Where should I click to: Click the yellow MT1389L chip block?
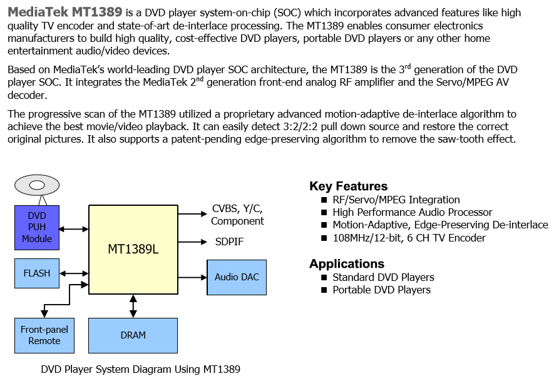[133, 250]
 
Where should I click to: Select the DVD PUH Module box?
[37, 227]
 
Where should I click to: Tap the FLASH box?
[37, 273]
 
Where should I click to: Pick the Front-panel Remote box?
[44, 335]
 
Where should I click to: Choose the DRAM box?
[133, 335]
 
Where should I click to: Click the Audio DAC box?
[237, 277]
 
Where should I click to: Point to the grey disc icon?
[37, 185]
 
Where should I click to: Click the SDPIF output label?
[229, 241]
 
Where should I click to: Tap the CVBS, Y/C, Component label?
[237, 215]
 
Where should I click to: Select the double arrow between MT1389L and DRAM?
[133, 306]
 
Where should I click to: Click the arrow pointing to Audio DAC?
[193, 277]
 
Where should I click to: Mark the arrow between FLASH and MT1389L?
[74, 273]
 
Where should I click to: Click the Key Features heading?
[348, 186]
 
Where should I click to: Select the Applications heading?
[347, 264]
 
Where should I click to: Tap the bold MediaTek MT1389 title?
[65, 12]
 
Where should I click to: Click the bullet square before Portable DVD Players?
[324, 290]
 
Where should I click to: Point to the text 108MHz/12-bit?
[368, 238]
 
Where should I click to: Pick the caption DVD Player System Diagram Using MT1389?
[140, 369]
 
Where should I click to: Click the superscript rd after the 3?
[408, 66]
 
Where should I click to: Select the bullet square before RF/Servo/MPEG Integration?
[324, 200]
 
